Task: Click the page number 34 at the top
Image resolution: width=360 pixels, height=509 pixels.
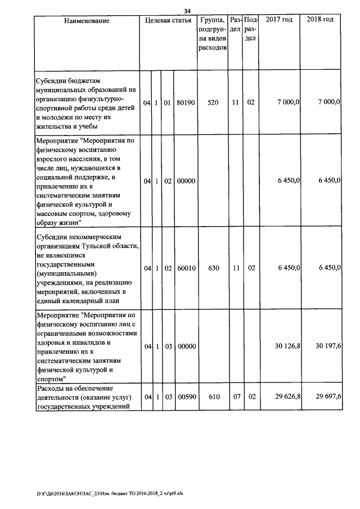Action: click(x=187, y=11)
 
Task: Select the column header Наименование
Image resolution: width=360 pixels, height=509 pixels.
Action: click(x=87, y=20)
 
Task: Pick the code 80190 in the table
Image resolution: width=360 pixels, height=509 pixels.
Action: click(x=185, y=103)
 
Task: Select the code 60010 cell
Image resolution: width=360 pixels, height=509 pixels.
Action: click(x=185, y=269)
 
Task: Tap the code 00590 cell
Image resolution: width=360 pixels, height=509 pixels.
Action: click(x=185, y=397)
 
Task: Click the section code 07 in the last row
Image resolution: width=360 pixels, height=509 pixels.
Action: click(x=236, y=397)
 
